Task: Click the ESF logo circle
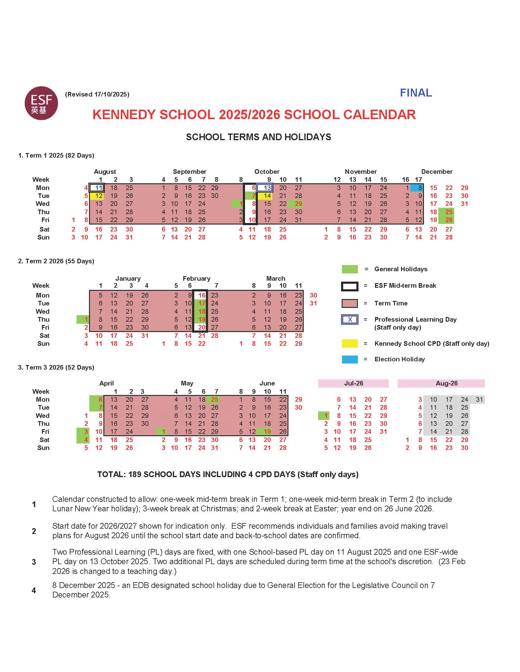point(41,103)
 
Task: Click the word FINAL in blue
point(416,93)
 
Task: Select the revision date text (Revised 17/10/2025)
point(97,94)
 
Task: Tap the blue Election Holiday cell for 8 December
point(417,188)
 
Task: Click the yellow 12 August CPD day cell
point(97,196)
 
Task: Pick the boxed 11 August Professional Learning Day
point(97,188)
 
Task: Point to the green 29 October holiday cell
point(296,204)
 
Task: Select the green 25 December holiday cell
point(446,212)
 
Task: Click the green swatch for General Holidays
point(350,269)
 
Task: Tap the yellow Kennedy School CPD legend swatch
point(350,344)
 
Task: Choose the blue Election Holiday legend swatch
point(350,360)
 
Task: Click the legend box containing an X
point(350,320)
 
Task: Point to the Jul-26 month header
point(353,383)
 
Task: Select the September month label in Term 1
point(189,172)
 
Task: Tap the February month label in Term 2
point(196,279)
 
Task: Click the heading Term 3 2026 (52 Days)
point(56,367)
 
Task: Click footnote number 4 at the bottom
point(34,590)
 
